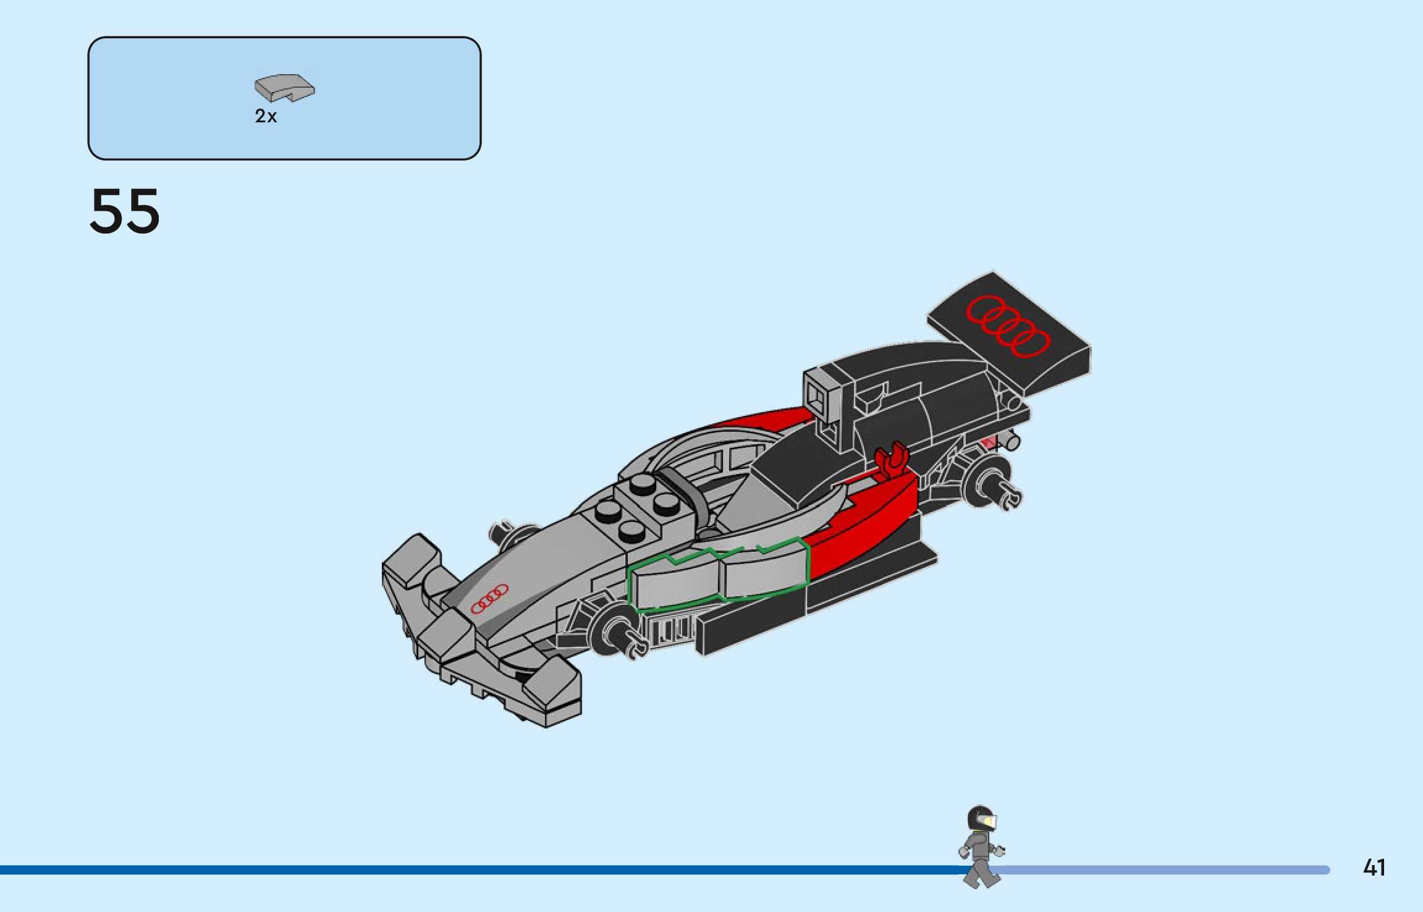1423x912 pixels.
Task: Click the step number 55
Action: (x=125, y=212)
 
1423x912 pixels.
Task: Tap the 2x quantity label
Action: (x=266, y=116)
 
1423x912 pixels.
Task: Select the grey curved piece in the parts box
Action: (x=284, y=88)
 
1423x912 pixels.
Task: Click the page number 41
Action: (x=1374, y=868)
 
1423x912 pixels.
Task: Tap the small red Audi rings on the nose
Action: (x=489, y=599)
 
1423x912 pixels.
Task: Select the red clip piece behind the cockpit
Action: (x=892, y=461)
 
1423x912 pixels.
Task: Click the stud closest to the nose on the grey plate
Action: (x=608, y=509)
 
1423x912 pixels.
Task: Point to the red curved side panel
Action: (x=865, y=519)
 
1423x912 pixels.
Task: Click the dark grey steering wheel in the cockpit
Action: (x=686, y=494)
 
